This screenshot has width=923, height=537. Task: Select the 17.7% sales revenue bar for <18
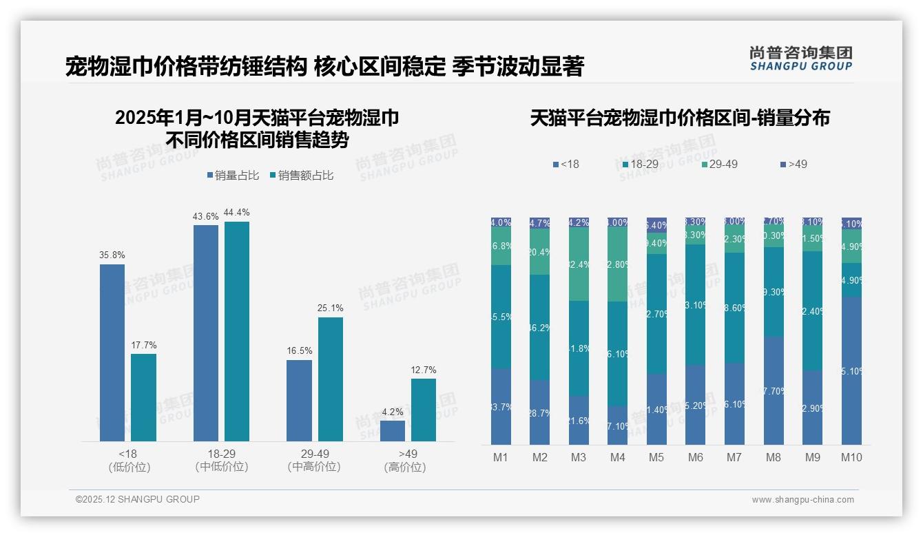[x=143, y=397]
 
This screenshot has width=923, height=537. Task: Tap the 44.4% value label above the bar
[x=236, y=212]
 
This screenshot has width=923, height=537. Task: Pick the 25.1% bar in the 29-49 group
[x=331, y=379]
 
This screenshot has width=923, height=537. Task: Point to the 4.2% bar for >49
[x=393, y=430]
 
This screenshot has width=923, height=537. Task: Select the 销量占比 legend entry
[x=233, y=176]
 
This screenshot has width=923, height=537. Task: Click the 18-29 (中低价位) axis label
[x=221, y=460]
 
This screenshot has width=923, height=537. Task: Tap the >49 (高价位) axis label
[x=408, y=460]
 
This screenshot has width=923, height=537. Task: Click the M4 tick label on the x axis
[x=617, y=457]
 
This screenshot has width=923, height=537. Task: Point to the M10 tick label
[x=851, y=457]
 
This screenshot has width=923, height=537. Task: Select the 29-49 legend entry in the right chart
[x=719, y=165]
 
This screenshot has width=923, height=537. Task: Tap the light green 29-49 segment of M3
[x=579, y=264]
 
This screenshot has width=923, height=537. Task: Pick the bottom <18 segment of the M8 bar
[x=774, y=390]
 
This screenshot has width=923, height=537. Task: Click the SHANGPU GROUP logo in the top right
[x=800, y=59]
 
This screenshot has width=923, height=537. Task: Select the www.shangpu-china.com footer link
[x=802, y=500]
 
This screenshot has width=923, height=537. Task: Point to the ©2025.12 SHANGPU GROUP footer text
[x=138, y=499]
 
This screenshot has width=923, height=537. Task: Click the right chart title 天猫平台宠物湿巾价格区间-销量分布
[x=680, y=118]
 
